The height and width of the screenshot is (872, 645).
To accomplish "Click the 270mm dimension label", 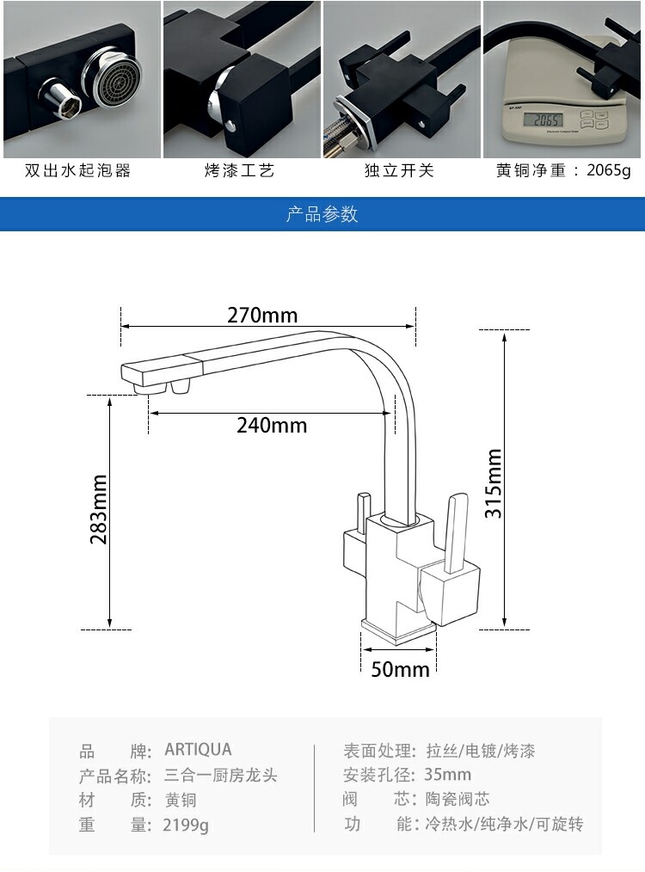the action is tap(262, 316).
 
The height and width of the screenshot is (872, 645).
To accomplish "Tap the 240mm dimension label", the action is tap(272, 425).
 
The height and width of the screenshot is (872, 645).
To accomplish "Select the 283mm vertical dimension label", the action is tap(99, 509).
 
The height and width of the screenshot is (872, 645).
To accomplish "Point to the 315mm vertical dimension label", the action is tap(493, 483).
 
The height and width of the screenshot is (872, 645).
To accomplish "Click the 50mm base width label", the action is tap(400, 668).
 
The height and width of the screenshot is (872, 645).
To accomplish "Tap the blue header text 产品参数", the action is tap(322, 214).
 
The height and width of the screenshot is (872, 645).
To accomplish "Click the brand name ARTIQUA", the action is tap(198, 750).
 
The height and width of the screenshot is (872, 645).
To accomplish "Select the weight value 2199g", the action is tap(186, 826).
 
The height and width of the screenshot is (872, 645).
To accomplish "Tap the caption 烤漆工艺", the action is tap(240, 170).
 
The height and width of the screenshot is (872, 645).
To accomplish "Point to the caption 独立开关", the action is tap(400, 170).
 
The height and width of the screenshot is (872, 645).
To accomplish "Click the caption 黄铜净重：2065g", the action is tap(563, 170).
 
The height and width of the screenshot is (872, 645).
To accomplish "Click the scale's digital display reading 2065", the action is tap(549, 120).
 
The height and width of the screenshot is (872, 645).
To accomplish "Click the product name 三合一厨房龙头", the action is tap(221, 775).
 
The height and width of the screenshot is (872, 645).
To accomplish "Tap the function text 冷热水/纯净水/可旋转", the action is tap(504, 825).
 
